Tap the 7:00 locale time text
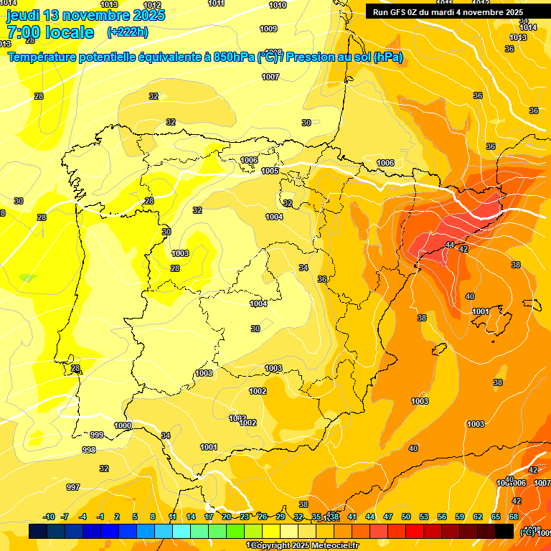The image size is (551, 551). [x=50, y=32]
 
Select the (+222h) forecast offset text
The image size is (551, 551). [x=127, y=32]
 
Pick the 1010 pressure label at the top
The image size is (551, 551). [x=278, y=5]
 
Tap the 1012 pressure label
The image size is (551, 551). [x=152, y=5]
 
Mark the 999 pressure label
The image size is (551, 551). [x=97, y=435]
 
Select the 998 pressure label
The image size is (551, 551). [x=89, y=450]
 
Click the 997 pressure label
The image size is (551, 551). [x=73, y=487]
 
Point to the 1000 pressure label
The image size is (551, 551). [x=123, y=425]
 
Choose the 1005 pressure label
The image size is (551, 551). [x=270, y=171]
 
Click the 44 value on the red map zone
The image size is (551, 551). [x=450, y=245]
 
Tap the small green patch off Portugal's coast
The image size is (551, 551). [x=27, y=277]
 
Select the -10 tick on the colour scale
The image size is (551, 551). [x=49, y=517]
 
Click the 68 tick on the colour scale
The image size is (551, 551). [x=513, y=517]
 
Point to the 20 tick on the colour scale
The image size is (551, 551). [x=226, y=517]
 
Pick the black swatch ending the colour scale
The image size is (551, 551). [x=504, y=531]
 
